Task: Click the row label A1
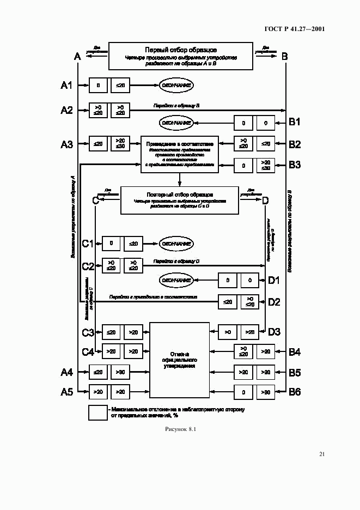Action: pos(66,85)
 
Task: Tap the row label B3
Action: pos(294,164)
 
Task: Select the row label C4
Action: pos(88,352)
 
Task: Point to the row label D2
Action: pos(274,301)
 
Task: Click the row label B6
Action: pos(294,392)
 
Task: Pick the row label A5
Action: pos(66,392)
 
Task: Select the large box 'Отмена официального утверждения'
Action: pos(179,360)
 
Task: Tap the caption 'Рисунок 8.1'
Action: pos(180,429)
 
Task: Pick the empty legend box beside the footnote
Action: pos(98,412)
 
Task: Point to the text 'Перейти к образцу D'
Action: pos(176,262)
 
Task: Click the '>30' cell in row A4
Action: pos(120,372)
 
